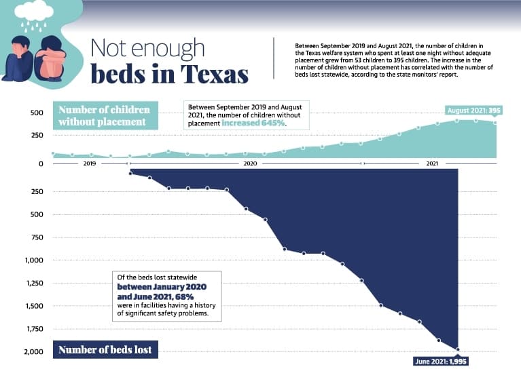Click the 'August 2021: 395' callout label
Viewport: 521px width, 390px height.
tap(473, 111)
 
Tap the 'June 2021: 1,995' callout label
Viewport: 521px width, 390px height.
tap(441, 361)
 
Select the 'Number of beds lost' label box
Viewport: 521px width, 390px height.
tap(105, 349)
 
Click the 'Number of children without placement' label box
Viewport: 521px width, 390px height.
tap(105, 115)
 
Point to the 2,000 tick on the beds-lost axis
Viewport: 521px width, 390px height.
tap(33, 352)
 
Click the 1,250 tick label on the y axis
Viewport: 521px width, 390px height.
tap(35, 283)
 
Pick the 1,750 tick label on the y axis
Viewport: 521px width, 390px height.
tap(35, 329)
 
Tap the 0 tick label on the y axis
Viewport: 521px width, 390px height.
tap(41, 163)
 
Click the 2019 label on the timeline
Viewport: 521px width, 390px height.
tap(90, 163)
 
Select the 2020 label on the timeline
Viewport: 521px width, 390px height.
tap(250, 163)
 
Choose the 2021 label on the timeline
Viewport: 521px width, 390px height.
tap(432, 163)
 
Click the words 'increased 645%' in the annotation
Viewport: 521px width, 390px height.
tap(253, 123)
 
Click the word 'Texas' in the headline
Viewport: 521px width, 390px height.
tap(215, 74)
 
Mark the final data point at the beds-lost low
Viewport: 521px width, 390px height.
tap(458, 349)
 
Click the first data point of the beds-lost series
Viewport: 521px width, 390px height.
tap(130, 173)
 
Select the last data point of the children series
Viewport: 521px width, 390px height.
tap(495, 123)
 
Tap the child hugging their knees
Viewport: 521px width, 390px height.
tap(50, 58)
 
